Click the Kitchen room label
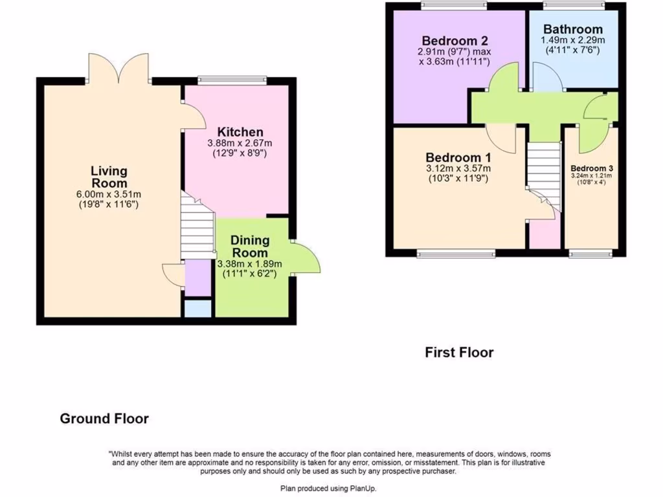pos(240,132)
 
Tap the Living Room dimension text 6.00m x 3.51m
pos(109,194)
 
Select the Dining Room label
pos(250,247)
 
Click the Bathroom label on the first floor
pos(573,29)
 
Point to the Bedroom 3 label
pos(592,168)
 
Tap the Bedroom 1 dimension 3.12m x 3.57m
pos(458,168)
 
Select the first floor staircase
pos(544,176)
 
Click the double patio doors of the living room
pos(119,67)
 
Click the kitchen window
pos(232,79)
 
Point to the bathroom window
pos(574,5)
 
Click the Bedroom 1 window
pos(456,254)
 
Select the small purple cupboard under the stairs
pos(198,278)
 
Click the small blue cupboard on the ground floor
pos(198,309)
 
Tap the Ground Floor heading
pos(104,419)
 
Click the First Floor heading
pos(459,353)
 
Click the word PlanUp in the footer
pos(362,489)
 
